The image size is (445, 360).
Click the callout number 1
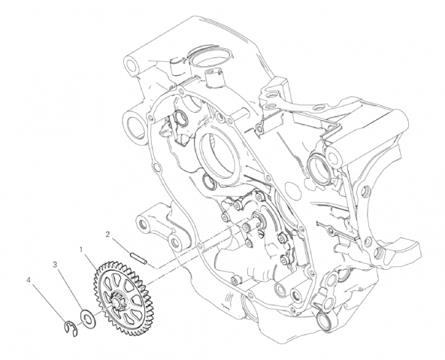tap(81, 250)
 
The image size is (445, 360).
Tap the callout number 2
tap(107, 234)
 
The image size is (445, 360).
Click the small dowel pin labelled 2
tap(138, 259)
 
